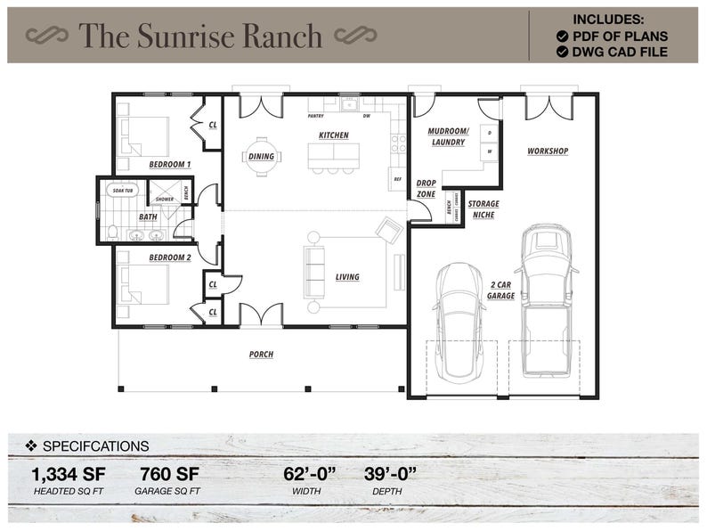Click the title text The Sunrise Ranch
point(200,36)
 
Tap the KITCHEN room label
point(333,135)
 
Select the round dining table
point(262,156)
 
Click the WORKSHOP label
point(548,151)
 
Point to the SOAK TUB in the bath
point(122,191)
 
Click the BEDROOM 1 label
point(169,165)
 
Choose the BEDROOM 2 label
point(169,257)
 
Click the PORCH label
point(261,355)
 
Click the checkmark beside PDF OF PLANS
point(563,36)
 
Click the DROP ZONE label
point(426,188)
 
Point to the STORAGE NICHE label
point(484,209)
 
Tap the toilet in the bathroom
point(112,233)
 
